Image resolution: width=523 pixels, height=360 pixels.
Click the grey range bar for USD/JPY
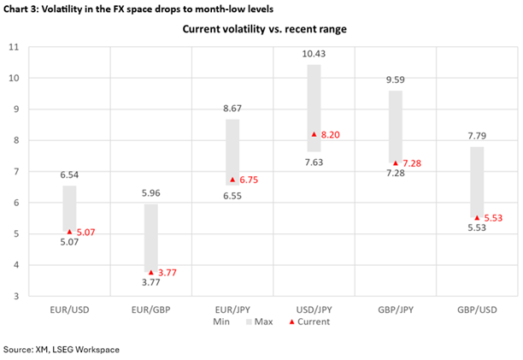[x=314, y=108]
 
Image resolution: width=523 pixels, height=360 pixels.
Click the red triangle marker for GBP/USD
[x=476, y=218]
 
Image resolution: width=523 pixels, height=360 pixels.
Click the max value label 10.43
[x=313, y=54]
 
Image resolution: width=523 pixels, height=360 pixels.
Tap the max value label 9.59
[x=395, y=80]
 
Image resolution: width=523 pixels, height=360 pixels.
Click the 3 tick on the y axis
[x=15, y=296]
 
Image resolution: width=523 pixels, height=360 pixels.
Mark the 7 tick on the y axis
[x=15, y=172]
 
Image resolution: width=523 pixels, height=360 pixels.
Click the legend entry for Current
[x=309, y=322]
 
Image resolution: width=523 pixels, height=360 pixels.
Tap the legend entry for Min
[x=220, y=322]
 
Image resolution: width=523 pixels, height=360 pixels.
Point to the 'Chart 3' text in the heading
[x=22, y=9]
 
